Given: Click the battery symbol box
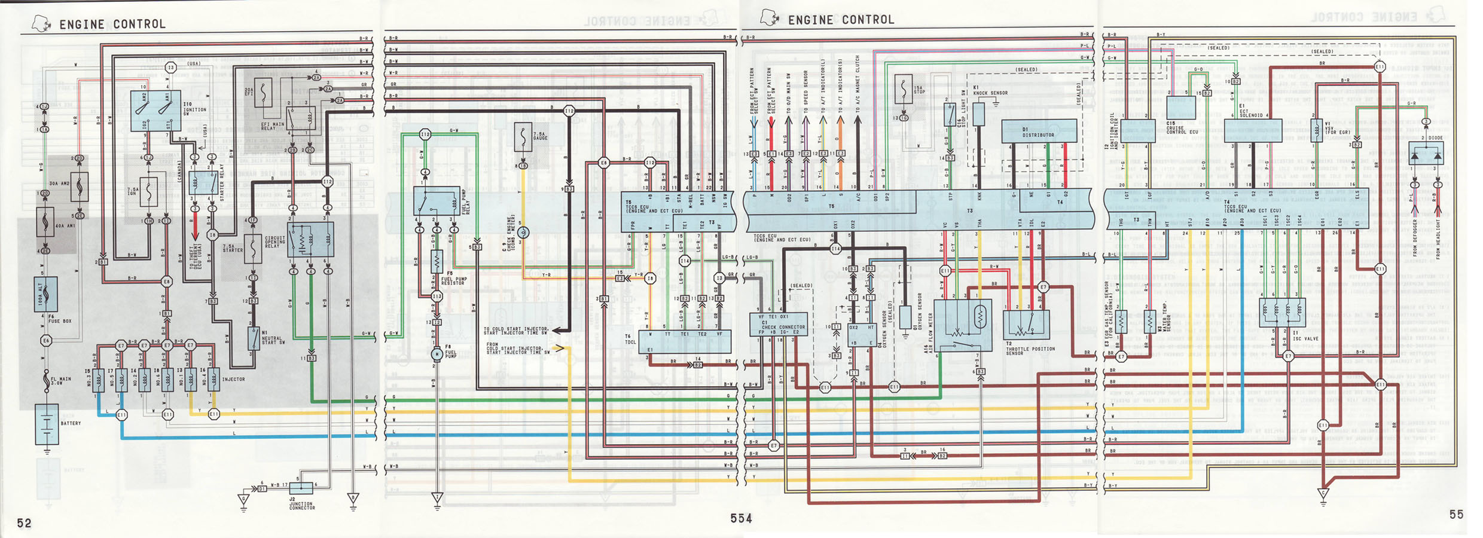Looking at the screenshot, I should pyautogui.click(x=47, y=424).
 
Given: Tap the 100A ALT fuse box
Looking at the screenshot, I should pyautogui.click(x=46, y=294).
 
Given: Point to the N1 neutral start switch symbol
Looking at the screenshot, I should pyautogui.click(x=254, y=339).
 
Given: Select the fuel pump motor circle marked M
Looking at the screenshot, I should pyautogui.click(x=437, y=354).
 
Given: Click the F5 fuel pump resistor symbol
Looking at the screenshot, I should pyautogui.click(x=437, y=261).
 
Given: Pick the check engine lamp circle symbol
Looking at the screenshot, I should pyautogui.click(x=523, y=233).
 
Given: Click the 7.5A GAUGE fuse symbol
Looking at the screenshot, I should pyautogui.click(x=523, y=137).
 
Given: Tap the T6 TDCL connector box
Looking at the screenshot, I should pyautogui.click(x=685, y=341).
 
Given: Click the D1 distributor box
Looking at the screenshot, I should pyautogui.click(x=1039, y=131).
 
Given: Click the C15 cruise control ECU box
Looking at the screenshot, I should pyautogui.click(x=1181, y=108).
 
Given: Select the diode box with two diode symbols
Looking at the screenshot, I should pyautogui.click(x=1426, y=154).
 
